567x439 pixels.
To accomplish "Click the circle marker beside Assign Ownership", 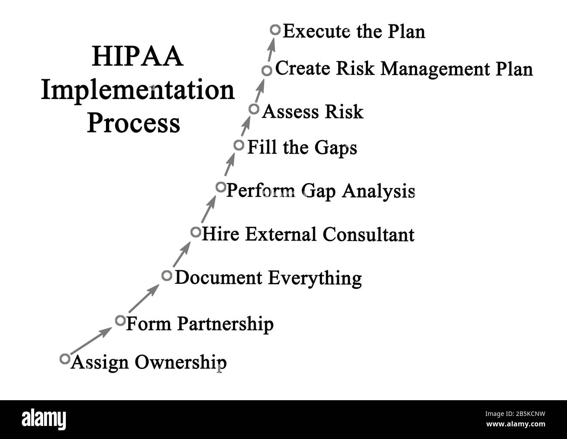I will pos(65,359).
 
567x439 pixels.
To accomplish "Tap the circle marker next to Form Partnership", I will pos(120,321).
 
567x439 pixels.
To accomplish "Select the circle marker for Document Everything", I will pos(167,276).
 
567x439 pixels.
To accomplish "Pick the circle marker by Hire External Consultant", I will pos(196,232).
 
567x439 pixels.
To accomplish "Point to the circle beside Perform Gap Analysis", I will pos(221,187).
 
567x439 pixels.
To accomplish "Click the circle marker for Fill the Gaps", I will pos(239,145).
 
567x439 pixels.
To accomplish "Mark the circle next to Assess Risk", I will pos(254,109).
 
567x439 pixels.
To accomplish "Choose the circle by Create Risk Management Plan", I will pos(267,70).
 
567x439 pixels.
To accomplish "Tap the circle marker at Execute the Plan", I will pos(275,30).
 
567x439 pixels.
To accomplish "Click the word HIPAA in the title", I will pos(137,58).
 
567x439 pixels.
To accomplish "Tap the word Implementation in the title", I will pos(138,91).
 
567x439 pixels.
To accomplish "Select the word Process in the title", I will pos(133,123).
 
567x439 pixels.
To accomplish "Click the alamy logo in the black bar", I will pos(44,419).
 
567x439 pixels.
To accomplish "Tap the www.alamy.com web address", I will pos(516,424).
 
